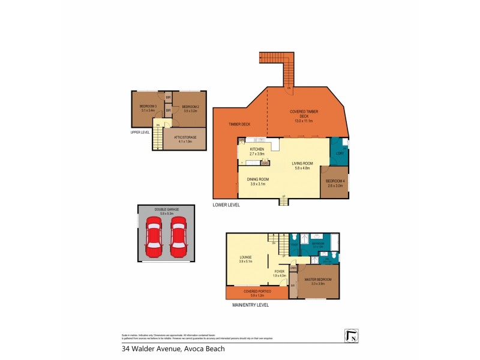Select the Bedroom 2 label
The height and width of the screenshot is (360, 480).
191,109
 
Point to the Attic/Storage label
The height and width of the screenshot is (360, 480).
184,139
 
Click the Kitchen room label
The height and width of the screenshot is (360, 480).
257,151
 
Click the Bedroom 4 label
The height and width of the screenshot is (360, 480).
335,183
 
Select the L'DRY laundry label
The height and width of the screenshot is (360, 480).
339,154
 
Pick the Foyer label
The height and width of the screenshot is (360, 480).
279,273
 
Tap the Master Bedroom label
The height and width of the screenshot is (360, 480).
314,281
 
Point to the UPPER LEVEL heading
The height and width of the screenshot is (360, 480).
140,132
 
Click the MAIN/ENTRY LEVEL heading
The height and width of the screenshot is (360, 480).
250,305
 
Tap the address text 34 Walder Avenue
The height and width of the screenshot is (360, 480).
173,349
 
